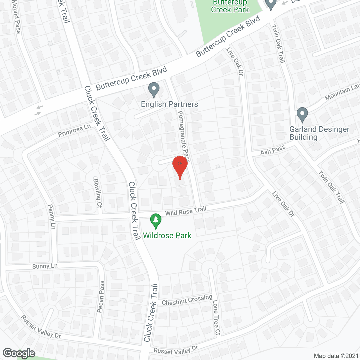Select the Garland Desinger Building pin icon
tap(302, 114)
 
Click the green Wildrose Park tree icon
tap(156, 220)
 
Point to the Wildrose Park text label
tap(167, 235)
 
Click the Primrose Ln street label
tap(74, 130)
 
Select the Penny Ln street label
tap(51, 217)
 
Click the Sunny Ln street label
tap(45, 266)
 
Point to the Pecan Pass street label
tap(101, 296)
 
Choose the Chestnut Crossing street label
tap(187, 300)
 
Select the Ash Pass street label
tap(273, 150)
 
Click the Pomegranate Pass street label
tap(184, 136)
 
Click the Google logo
tap(19, 353)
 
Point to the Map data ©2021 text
tap(336, 356)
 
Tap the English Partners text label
tap(169, 104)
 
